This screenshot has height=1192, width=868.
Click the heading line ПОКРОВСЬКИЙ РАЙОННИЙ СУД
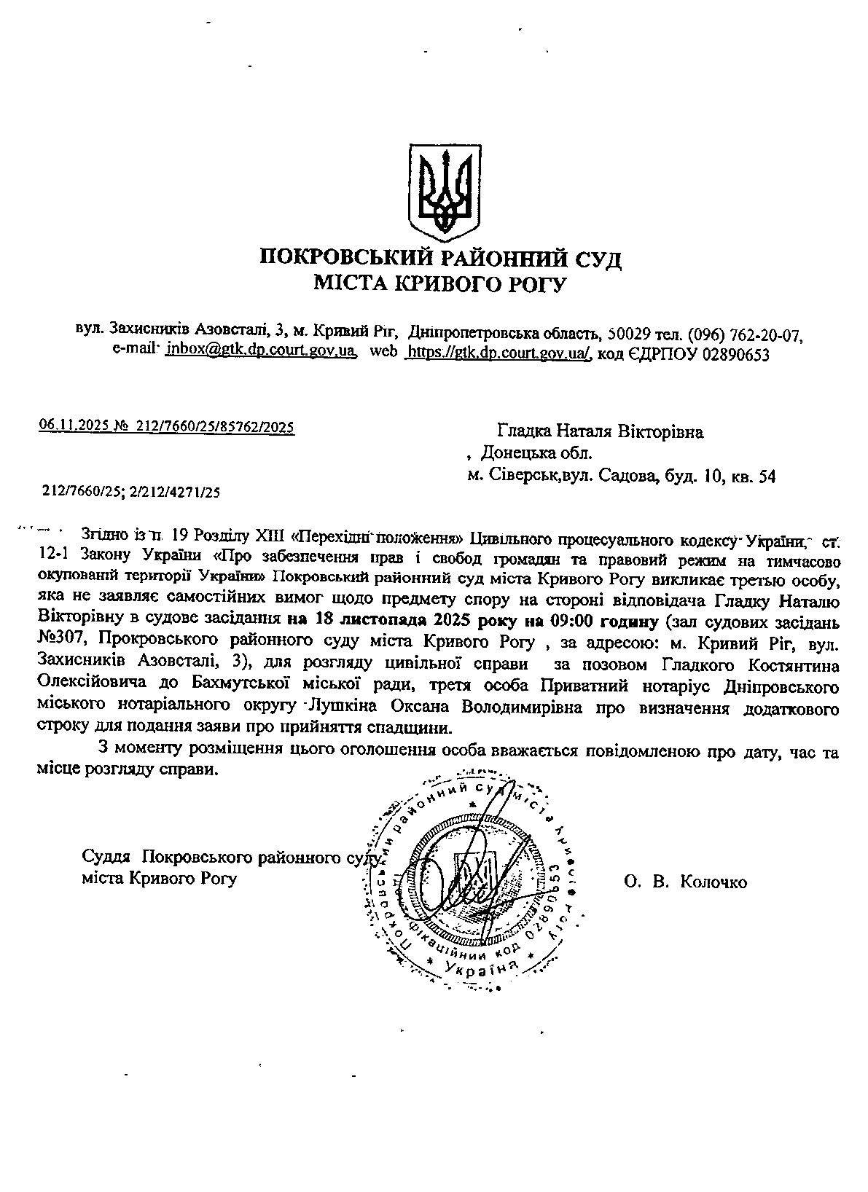(440, 258)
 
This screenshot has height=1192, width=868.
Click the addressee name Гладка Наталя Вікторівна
(600, 432)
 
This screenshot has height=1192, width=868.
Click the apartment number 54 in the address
(767, 477)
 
